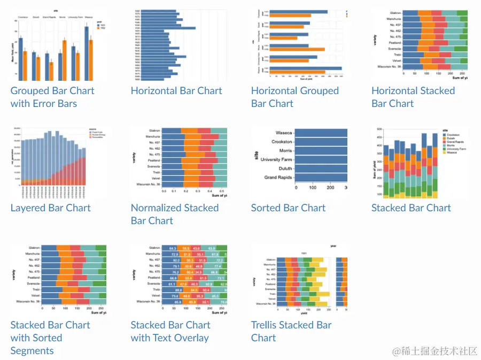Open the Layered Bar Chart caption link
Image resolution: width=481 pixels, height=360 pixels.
coord(50,208)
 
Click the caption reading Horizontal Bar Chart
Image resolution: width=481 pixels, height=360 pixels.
coord(176,90)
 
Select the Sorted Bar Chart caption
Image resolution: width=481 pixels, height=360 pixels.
coord(288,208)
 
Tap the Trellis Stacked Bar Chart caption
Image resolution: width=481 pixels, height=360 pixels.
coord(291,331)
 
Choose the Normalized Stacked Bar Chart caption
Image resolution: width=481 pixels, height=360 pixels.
coord(175,214)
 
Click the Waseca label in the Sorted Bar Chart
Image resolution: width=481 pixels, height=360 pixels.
coord(284,133)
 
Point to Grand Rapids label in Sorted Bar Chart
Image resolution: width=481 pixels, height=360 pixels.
coord(278,177)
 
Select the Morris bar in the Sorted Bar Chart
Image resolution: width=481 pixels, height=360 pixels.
coord(321,150)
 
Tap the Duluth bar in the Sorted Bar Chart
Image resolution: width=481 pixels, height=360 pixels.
coord(321,168)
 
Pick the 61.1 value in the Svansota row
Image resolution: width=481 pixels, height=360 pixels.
coord(172,284)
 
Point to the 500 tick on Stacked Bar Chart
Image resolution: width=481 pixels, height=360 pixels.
coord(378,129)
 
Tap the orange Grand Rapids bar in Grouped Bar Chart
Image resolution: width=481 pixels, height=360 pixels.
coord(51,71)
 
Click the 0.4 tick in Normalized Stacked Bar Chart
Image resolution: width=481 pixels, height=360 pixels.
coord(211,190)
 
